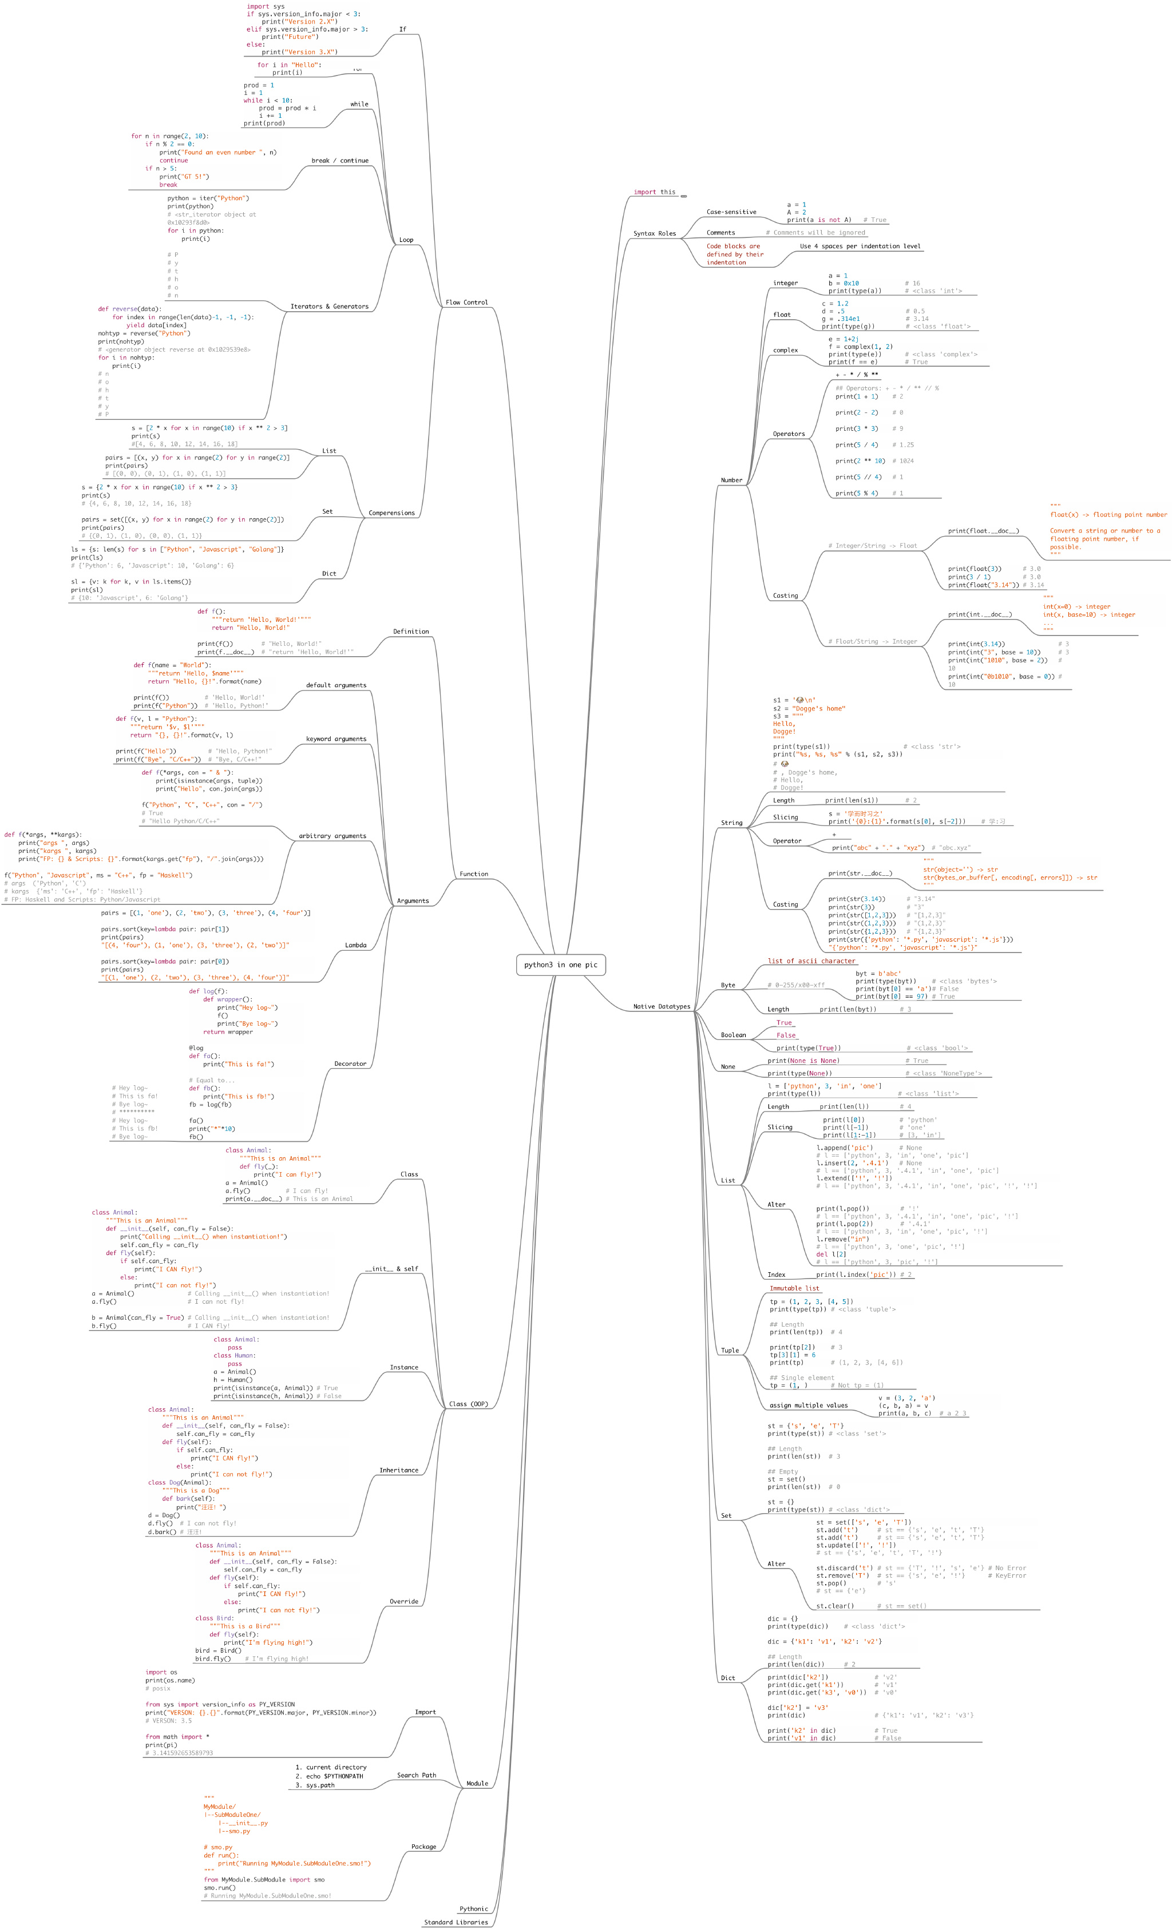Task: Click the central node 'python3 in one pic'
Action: pos(561,964)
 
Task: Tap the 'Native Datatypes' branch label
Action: pos(662,1007)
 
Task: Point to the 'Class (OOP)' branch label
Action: pos(469,1404)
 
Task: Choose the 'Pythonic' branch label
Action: pos(474,1908)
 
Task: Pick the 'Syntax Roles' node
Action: pos(655,233)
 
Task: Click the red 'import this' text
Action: pos(655,192)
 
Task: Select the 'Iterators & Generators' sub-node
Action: pos(329,307)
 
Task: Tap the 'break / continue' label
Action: pos(340,161)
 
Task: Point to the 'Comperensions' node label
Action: pos(391,513)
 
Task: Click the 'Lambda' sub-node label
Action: pos(355,945)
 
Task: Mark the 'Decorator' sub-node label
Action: pos(350,1064)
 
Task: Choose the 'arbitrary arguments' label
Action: pos(332,836)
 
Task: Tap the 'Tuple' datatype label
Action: pos(730,1351)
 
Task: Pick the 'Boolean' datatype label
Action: pos(734,1035)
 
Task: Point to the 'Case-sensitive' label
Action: pos(731,212)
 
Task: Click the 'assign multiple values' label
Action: pos(809,1405)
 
